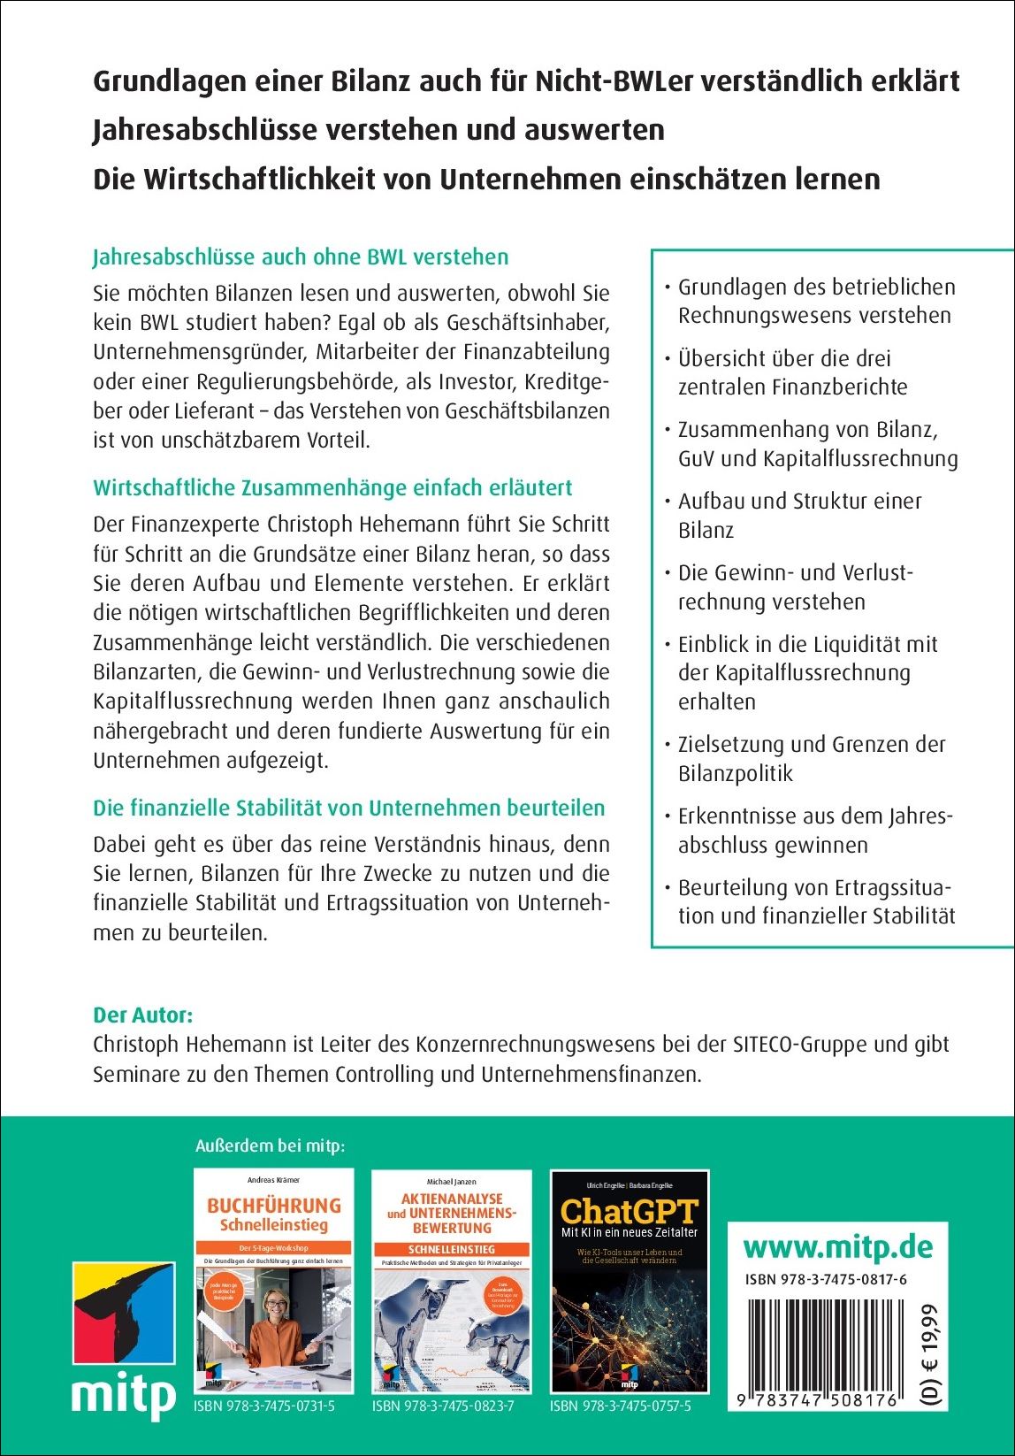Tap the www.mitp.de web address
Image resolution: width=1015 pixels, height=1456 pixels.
pyautogui.click(x=837, y=1247)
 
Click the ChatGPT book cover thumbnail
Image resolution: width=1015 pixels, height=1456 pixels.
pyautogui.click(x=630, y=1281)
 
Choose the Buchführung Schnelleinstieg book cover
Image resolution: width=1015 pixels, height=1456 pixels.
pyautogui.click(x=273, y=1281)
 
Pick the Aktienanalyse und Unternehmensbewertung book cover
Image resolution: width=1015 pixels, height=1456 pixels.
pyautogui.click(x=451, y=1281)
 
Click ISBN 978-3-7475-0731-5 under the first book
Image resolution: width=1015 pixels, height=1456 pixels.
pyautogui.click(x=263, y=1406)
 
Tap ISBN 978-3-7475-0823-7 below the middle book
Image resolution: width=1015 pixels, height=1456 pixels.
pyautogui.click(x=442, y=1406)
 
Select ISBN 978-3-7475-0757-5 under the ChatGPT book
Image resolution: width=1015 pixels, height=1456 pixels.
pyautogui.click(x=621, y=1406)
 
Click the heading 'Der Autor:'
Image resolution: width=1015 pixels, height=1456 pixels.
pyautogui.click(x=142, y=1015)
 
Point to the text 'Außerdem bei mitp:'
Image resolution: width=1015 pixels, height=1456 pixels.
pyautogui.click(x=270, y=1146)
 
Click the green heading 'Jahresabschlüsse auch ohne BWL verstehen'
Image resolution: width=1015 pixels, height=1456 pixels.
pyautogui.click(x=301, y=257)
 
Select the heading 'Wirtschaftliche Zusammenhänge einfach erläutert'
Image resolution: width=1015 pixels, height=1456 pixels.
pyautogui.click(x=332, y=487)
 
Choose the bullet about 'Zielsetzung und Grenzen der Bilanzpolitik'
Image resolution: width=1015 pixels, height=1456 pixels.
pyautogui.click(x=811, y=758)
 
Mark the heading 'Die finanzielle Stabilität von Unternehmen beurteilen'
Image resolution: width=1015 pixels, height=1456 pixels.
pyautogui.click(x=348, y=808)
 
